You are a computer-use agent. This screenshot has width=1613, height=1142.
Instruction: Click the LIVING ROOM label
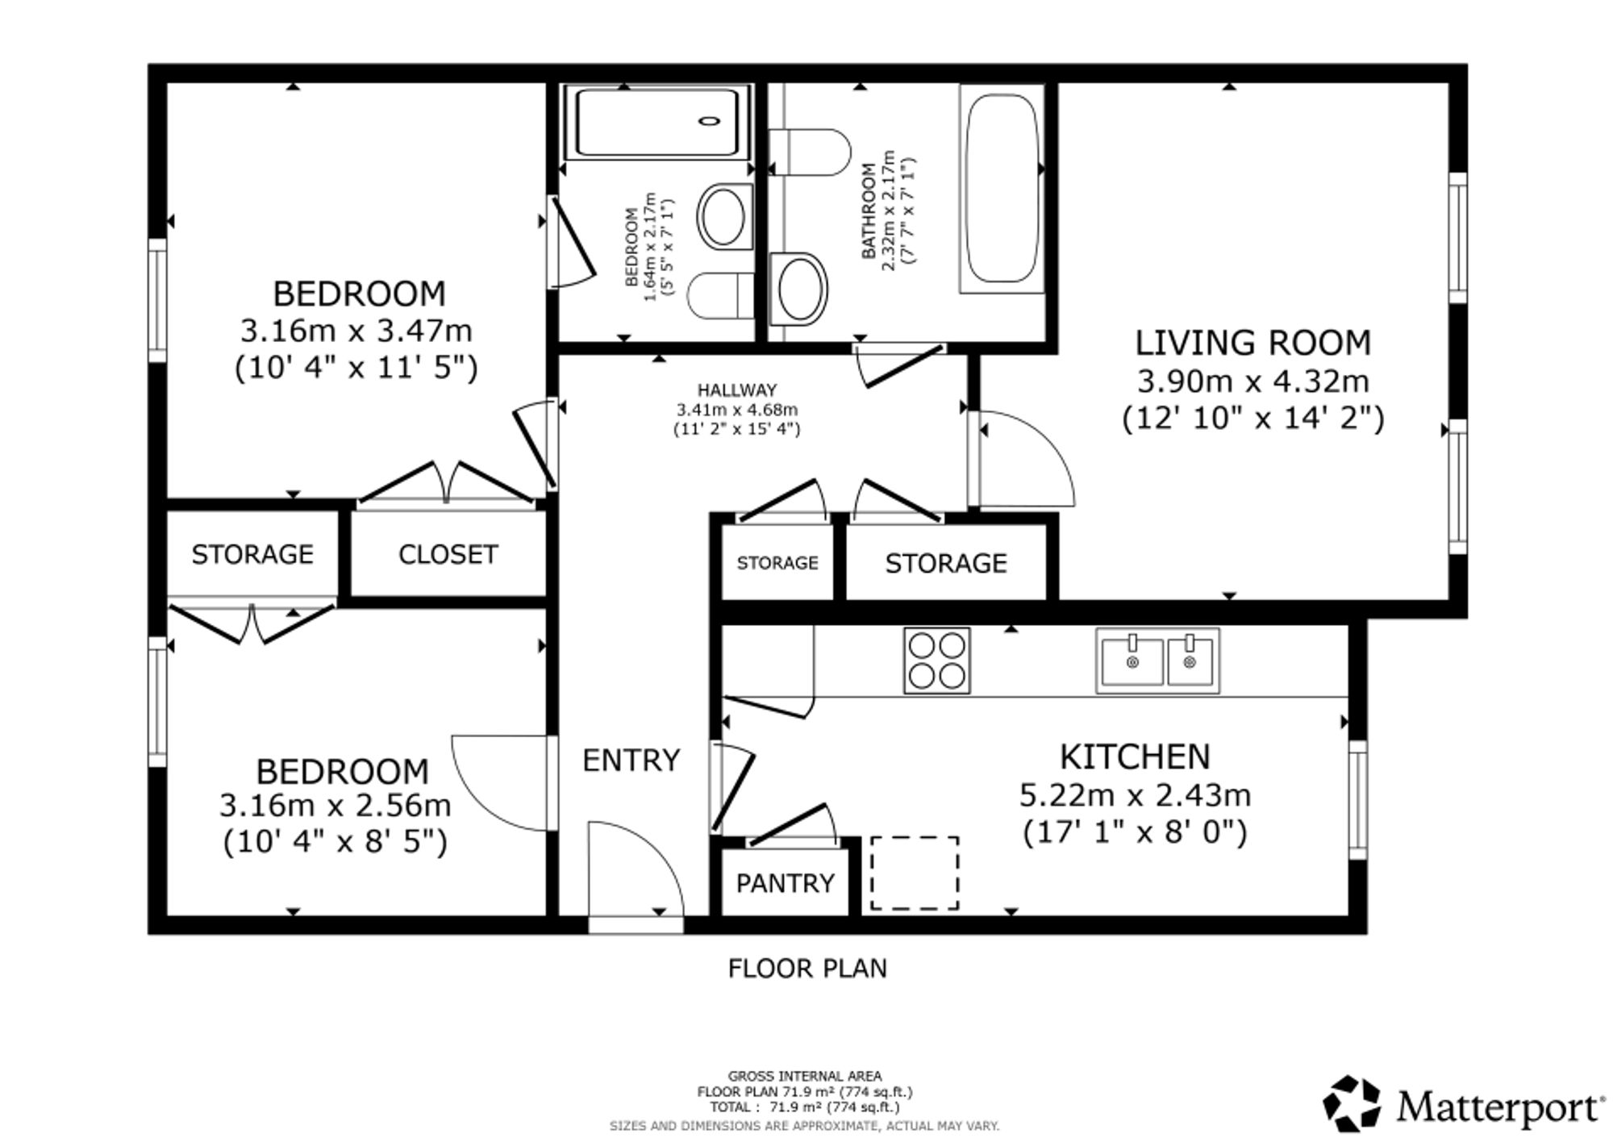click(x=1252, y=343)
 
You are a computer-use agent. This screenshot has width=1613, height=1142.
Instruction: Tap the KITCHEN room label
click(x=1135, y=757)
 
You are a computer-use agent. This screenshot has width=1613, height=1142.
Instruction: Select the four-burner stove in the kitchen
click(x=936, y=661)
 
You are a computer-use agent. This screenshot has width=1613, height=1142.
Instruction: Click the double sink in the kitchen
click(x=1157, y=661)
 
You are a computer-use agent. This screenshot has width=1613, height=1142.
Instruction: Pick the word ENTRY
click(x=631, y=761)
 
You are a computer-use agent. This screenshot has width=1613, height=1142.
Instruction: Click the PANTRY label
click(x=786, y=884)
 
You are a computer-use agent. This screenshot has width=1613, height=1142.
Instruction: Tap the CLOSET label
click(x=448, y=554)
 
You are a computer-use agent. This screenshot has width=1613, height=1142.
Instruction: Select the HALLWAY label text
click(x=737, y=390)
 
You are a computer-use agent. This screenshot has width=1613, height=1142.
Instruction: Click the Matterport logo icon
click(x=1353, y=1102)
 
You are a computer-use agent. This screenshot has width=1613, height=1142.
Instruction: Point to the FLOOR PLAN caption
click(x=807, y=968)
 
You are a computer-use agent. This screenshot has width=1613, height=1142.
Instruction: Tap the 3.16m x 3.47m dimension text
click(x=356, y=331)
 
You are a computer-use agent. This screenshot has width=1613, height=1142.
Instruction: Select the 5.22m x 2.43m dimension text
click(x=1135, y=795)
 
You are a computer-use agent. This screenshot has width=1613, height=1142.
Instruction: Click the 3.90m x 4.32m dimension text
click(x=1253, y=381)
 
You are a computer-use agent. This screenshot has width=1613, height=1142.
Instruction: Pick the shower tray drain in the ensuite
click(x=710, y=121)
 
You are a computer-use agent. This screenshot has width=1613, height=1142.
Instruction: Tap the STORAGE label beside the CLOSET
click(x=252, y=554)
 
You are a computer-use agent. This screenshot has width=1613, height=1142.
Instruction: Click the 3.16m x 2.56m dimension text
click(x=335, y=806)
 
